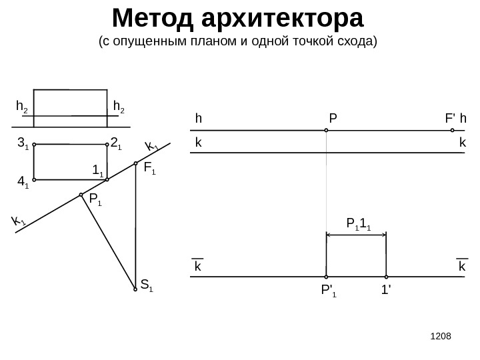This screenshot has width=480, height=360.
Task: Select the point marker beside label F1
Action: coord(135,163)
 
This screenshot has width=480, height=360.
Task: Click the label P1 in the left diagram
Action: coord(95,199)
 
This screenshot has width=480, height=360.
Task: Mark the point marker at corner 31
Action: coord(33,144)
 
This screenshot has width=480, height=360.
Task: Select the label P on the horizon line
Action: coord(333,119)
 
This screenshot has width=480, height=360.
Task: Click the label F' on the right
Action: coord(450,119)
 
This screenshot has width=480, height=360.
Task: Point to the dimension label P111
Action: coord(358,223)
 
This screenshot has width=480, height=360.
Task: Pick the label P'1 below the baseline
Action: coord(329,291)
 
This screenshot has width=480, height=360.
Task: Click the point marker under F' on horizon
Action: coord(452,130)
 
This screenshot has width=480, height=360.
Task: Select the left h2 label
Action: coord(21,106)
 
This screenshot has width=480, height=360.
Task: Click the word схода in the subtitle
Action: coord(357,43)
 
